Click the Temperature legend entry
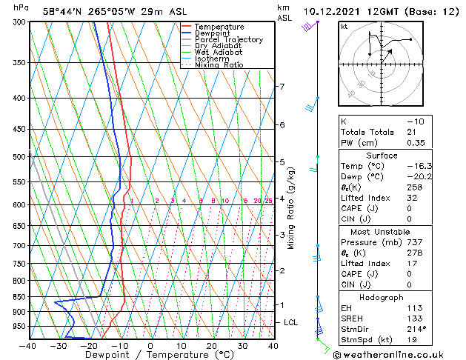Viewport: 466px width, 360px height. coord(219,27)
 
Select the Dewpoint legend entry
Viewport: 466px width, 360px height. coord(214,33)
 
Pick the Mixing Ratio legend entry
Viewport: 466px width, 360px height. coord(219,65)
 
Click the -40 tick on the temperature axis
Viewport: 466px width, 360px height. coord(29,345)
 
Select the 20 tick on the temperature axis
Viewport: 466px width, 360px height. coord(212,345)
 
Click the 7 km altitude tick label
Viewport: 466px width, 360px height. coord(282,87)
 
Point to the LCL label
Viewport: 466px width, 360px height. coord(290,322)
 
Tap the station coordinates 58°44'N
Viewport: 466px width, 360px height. coord(62,11)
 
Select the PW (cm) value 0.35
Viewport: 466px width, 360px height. coord(415,143)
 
